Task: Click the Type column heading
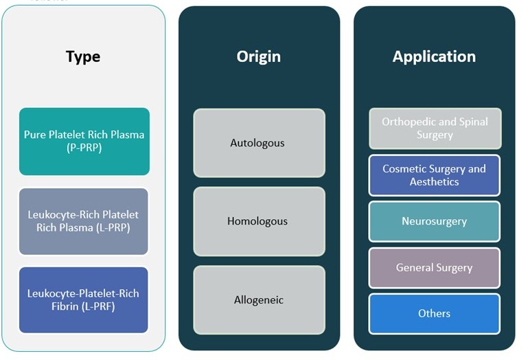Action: point(83,56)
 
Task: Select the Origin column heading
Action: point(259,56)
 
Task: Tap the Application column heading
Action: point(434,56)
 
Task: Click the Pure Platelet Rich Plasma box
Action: point(84,141)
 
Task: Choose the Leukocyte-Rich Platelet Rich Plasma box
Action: point(84,221)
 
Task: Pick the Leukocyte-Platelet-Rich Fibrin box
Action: point(84,300)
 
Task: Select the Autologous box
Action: point(258,143)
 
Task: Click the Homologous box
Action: point(258,221)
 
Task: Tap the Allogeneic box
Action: point(258,300)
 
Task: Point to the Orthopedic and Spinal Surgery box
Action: point(435,128)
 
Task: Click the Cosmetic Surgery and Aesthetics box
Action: point(435,175)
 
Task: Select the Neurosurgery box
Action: point(435,221)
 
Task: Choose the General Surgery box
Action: point(435,267)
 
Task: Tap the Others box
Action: point(435,313)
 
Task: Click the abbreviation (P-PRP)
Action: point(84,148)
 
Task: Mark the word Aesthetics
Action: point(435,182)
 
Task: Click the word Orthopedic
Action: point(408,122)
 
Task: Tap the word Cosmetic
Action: point(405,168)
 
